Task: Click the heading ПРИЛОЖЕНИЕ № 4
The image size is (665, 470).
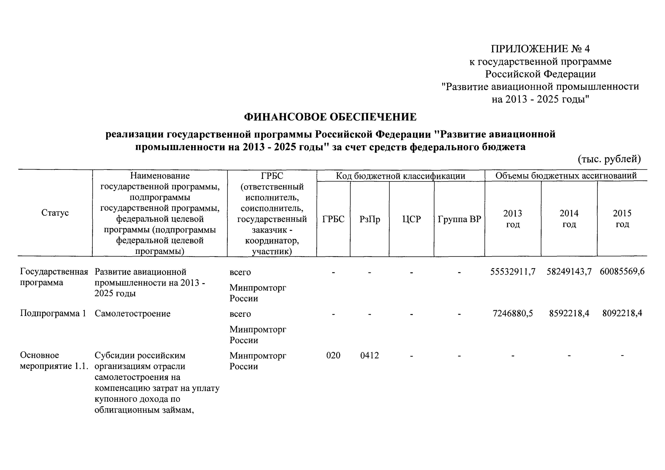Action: pos(540,49)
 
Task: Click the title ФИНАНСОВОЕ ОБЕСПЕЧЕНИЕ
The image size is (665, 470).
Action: pos(330,117)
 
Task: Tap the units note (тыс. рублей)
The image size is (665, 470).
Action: pos(609,159)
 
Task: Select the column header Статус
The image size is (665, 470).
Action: pos(55,213)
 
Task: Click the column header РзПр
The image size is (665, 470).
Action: pos(370,219)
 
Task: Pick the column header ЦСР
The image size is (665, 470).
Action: pos(411,219)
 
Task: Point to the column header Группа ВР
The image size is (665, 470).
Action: pos(459,219)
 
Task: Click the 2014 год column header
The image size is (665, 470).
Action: pos(569,219)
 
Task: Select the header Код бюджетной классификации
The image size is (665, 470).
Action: pos(401,176)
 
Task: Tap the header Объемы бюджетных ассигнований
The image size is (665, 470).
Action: pos(566,176)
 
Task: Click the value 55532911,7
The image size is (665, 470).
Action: pos(513,272)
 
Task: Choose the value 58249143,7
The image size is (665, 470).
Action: pos(569,272)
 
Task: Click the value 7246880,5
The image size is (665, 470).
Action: pos(513,313)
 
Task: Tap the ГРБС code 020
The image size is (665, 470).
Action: pos(333,355)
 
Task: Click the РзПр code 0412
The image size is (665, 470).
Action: pos(370,355)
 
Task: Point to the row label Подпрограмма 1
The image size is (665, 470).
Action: pos(53,313)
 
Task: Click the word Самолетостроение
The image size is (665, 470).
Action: pos(132,313)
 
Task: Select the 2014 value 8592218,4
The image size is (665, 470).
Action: pos(569,313)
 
